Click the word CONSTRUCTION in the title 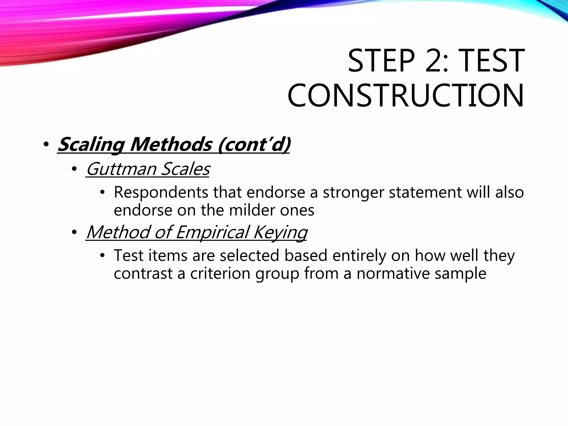(405, 96)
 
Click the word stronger (353, 192)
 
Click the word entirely (359, 255)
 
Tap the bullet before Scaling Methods (46, 145)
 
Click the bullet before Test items (103, 256)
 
